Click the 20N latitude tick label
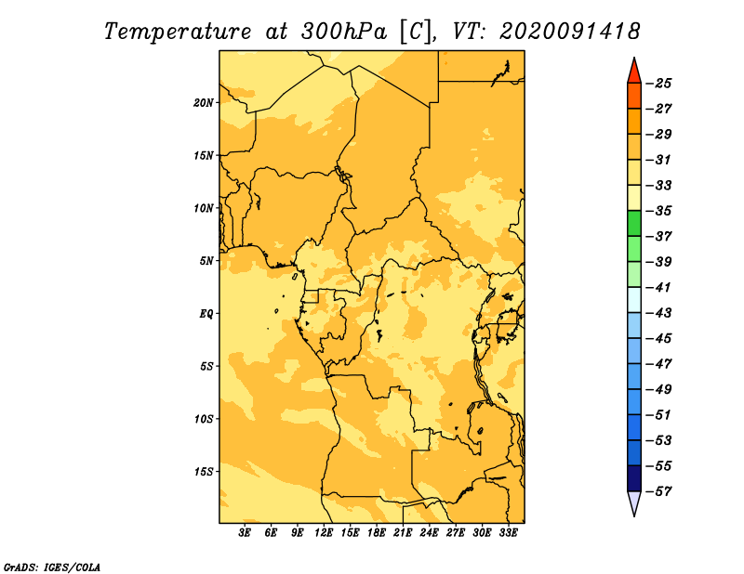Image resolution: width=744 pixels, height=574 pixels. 204,102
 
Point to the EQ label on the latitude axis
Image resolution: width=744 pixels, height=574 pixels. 206,314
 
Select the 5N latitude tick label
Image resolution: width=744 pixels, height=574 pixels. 206,261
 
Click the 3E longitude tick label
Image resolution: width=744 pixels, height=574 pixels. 245,533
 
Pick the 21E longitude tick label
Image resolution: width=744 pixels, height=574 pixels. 403,533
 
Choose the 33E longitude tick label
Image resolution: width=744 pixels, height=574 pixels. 508,533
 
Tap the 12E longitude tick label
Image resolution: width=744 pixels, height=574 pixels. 324,533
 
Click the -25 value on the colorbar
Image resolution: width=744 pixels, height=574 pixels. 659,84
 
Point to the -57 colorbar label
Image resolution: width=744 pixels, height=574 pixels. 659,491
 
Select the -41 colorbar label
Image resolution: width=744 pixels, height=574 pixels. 659,288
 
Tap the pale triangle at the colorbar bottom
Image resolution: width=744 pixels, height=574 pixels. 634,502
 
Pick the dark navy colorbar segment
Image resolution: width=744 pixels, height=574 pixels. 634,478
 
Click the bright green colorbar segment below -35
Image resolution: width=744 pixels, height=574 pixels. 634,224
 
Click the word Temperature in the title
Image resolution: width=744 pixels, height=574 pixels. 178,32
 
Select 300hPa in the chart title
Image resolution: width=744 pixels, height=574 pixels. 344,32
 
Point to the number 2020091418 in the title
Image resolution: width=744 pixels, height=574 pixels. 570,32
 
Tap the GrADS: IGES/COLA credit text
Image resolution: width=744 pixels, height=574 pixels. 52,567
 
